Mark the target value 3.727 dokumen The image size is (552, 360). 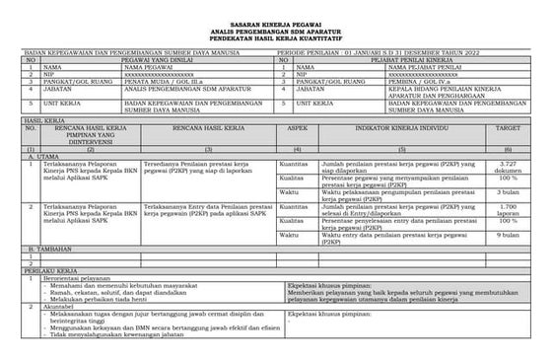tap(509, 168)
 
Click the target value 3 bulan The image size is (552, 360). tap(509, 193)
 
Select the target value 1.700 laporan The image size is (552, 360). tap(509, 211)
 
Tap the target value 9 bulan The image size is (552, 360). tap(509, 237)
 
